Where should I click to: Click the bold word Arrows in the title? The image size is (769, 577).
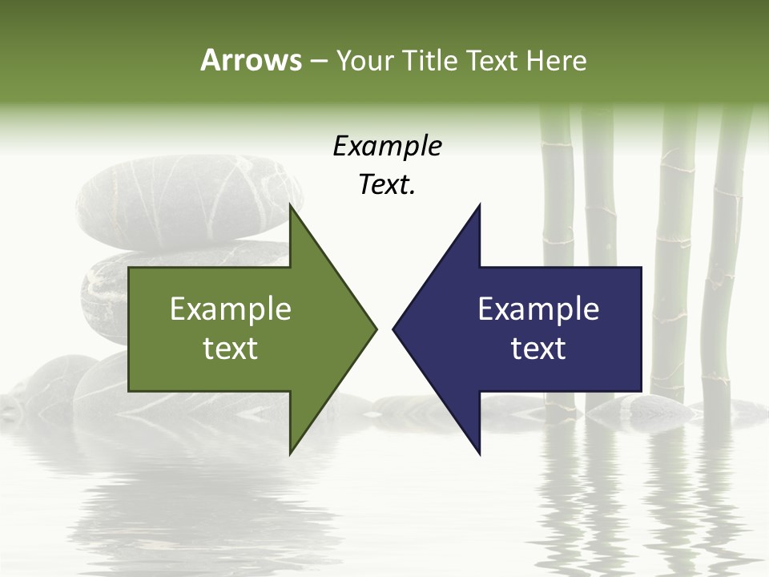click(250, 60)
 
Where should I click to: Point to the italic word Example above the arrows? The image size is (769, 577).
click(387, 146)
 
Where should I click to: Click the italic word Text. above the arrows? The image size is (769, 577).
click(387, 185)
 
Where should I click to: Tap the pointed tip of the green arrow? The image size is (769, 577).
click(375, 329)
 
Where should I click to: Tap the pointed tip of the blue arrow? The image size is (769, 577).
click(394, 329)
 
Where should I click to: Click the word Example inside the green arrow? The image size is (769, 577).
click(231, 309)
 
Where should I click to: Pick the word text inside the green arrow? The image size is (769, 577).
click(231, 349)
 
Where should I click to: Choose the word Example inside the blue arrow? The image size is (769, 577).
click(538, 309)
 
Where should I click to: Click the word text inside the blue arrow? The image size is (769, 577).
click(538, 349)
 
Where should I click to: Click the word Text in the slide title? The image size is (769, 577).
click(493, 60)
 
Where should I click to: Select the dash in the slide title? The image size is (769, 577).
click(318, 61)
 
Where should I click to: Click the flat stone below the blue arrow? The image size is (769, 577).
click(633, 409)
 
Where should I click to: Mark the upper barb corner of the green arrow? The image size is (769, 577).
click(290, 206)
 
